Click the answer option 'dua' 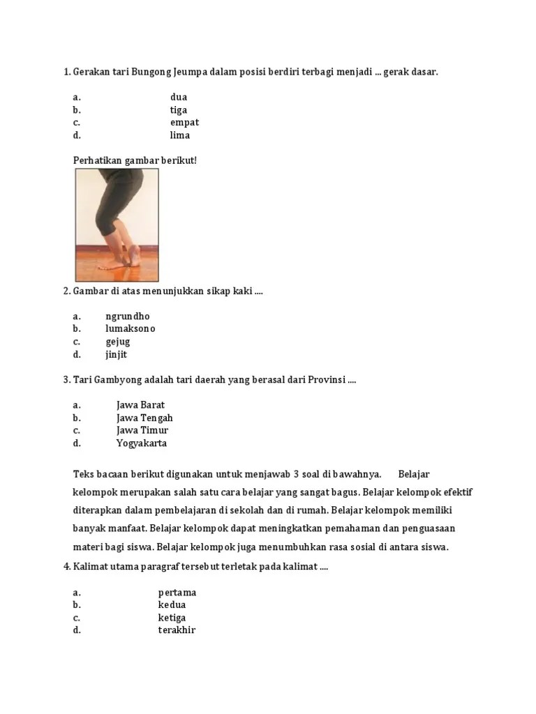[x=179, y=97]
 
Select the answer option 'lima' [x=179, y=135]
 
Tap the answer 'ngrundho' [x=128, y=316]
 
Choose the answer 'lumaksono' [x=131, y=328]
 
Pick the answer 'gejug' [x=118, y=342]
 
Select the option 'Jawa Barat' [x=140, y=404]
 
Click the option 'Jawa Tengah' [x=144, y=418]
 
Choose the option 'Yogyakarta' [x=141, y=443]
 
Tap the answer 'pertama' [x=177, y=593]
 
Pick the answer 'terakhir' [x=177, y=630]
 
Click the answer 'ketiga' [x=172, y=618]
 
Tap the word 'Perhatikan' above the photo [x=97, y=160]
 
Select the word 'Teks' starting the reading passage [x=84, y=474]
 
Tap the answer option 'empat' [x=184, y=123]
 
